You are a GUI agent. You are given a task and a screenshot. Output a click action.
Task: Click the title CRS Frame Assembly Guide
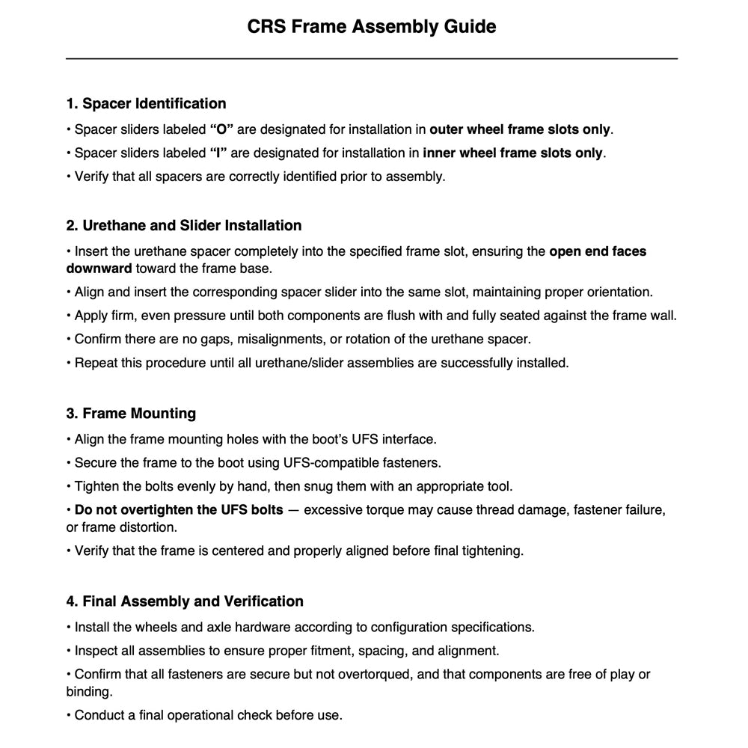tap(372, 27)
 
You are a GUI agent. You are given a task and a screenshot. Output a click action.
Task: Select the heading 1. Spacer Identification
tap(146, 103)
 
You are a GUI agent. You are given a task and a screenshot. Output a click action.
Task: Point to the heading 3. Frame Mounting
tap(131, 413)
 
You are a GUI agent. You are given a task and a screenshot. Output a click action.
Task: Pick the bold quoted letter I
tap(219, 153)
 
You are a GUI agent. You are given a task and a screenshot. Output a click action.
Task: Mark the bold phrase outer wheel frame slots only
tap(520, 129)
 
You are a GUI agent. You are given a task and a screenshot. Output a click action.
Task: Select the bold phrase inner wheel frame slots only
tap(512, 153)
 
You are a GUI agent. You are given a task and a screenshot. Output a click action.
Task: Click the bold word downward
tap(99, 269)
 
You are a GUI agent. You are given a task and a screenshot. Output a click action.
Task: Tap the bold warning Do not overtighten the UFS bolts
tap(179, 510)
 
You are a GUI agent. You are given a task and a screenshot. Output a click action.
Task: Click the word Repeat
tap(95, 364)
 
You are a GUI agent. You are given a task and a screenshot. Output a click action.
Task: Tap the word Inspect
tap(96, 651)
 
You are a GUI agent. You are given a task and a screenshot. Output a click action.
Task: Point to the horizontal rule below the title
tap(372, 58)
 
